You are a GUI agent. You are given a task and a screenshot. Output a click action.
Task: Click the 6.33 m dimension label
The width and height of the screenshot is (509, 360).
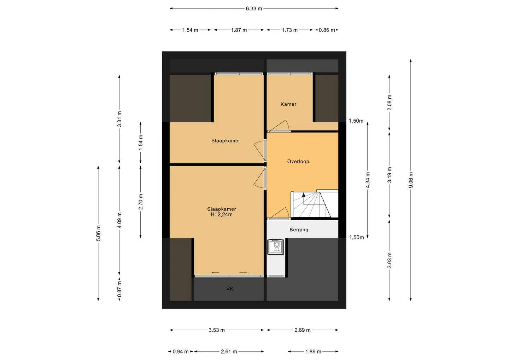(x=254, y=8)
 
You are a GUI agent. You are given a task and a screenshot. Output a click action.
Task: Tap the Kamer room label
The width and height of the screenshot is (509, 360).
(x=288, y=104)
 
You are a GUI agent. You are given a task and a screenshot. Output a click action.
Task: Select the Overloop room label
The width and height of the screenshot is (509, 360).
(x=298, y=162)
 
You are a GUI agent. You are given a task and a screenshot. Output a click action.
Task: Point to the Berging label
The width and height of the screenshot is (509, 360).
(x=299, y=230)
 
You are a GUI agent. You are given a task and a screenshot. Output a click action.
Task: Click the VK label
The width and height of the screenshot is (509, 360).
(x=230, y=289)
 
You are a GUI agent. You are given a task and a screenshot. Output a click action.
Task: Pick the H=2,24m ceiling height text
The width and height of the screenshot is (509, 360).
(x=222, y=215)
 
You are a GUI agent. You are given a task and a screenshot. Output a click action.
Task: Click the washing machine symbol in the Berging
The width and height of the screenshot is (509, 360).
(x=276, y=247)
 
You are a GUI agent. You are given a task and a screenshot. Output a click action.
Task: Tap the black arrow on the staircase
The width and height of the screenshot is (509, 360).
(x=304, y=195)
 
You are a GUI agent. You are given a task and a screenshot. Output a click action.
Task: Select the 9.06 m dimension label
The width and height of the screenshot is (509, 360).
(x=411, y=180)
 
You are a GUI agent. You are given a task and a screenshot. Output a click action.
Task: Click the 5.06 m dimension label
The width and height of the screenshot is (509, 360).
(x=98, y=233)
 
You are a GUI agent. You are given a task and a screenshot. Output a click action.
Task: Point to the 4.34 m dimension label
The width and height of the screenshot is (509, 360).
(x=368, y=180)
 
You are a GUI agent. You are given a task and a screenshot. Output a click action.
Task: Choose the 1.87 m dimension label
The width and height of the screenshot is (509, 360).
(x=239, y=30)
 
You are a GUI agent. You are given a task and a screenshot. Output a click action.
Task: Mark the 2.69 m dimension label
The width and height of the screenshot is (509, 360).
(x=303, y=330)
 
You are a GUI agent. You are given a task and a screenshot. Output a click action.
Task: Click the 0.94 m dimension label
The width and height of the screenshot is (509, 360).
(x=181, y=352)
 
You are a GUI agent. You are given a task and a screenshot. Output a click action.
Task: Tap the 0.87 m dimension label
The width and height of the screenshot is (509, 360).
(x=119, y=289)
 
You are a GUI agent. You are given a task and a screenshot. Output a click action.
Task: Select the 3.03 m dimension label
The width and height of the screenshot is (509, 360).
(x=390, y=260)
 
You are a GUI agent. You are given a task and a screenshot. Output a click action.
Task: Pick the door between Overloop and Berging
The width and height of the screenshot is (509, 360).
(x=279, y=214)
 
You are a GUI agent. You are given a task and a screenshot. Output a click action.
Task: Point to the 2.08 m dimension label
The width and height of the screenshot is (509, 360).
(x=390, y=103)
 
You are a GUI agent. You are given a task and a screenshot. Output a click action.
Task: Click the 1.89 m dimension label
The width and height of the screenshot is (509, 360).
(x=313, y=352)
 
